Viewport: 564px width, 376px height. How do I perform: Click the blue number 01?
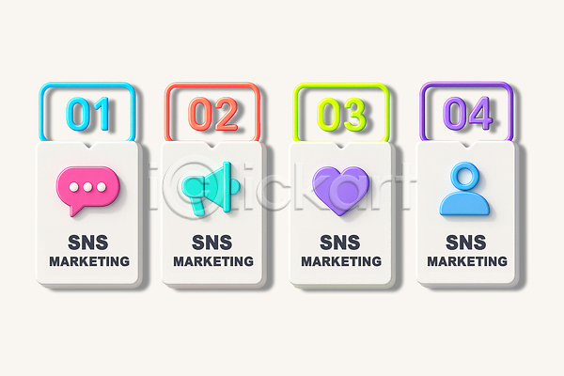coord(88,114)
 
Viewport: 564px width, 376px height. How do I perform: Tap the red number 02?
coord(213,114)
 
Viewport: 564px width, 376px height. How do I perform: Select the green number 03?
coord(340,114)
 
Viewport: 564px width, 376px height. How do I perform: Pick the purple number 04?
coord(467,114)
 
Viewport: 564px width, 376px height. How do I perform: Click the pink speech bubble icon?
coord(88,186)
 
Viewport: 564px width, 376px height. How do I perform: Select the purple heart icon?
coord(340,188)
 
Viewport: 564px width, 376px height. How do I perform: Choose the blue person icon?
coord(466,189)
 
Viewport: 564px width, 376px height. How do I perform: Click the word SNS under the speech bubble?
coord(88,241)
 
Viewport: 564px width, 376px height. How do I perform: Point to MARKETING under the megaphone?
coord(213,261)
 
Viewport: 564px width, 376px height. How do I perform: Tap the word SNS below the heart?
coord(340,241)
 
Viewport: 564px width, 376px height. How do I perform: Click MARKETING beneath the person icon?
coord(467,261)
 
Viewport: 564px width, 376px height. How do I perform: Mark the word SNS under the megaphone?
coord(213,241)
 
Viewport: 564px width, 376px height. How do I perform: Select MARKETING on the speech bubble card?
coord(89,261)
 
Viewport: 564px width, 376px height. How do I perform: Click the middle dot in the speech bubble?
coord(88,186)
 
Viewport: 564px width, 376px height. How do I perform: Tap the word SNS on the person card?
coord(467,241)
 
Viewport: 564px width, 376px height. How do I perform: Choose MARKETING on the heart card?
coord(340,261)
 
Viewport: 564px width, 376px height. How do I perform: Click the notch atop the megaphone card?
coord(213,147)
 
